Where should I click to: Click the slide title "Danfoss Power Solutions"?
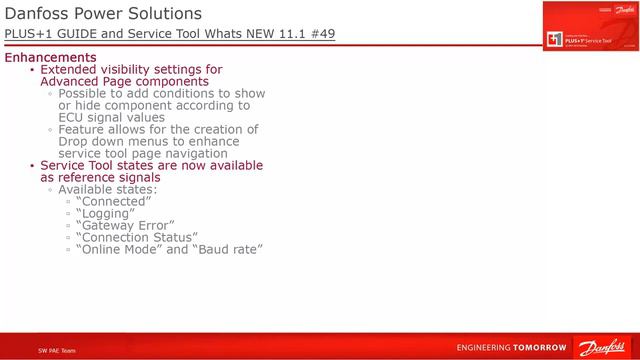click(103, 14)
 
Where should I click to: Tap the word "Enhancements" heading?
click(51, 58)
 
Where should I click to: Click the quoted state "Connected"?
click(113, 201)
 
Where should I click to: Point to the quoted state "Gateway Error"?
click(125, 225)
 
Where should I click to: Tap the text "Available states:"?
click(108, 189)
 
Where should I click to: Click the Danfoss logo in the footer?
click(601, 347)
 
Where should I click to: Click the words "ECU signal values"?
click(111, 117)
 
